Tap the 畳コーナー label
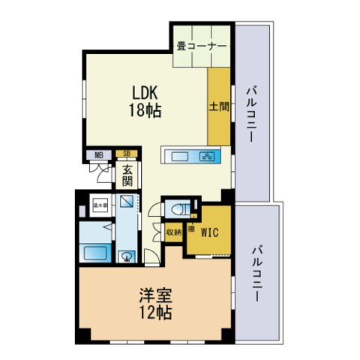[202, 46]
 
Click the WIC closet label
[209, 232]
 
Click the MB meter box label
[98, 155]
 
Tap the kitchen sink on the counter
[180, 157]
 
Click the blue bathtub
[94, 251]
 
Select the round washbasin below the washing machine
[127, 256]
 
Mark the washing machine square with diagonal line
[127, 202]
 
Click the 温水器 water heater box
[98, 203]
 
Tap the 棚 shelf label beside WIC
[191, 228]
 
